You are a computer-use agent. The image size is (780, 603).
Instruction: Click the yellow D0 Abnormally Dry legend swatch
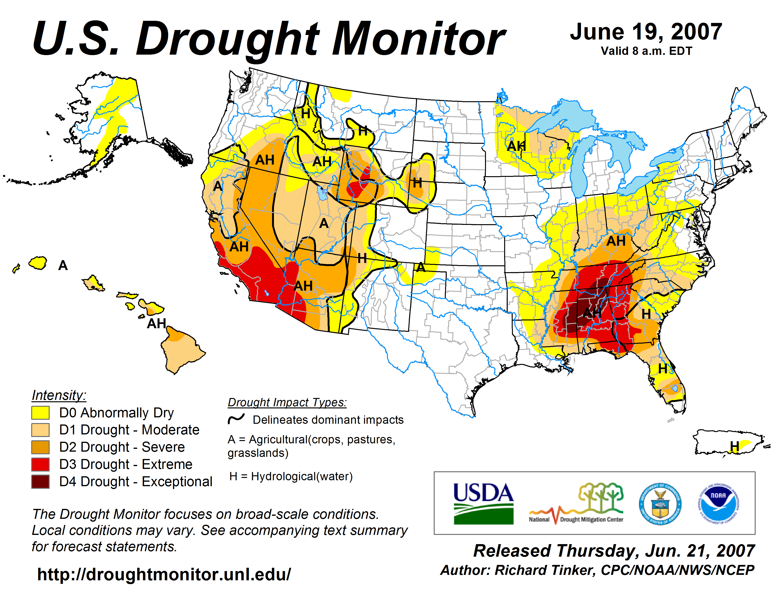(x=40, y=413)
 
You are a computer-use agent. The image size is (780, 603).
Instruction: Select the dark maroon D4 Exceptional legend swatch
(x=40, y=481)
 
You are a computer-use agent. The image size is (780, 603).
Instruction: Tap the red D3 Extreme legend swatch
(x=40, y=464)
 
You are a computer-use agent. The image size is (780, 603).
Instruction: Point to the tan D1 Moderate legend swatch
(x=40, y=430)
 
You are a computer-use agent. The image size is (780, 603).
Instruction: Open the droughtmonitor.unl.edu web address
(x=164, y=574)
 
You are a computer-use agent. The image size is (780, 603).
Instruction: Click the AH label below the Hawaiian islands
(x=156, y=324)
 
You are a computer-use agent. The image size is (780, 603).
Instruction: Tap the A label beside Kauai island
(x=63, y=265)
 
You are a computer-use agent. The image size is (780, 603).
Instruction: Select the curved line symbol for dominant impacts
(x=236, y=419)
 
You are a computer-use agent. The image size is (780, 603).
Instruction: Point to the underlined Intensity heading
(x=59, y=395)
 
